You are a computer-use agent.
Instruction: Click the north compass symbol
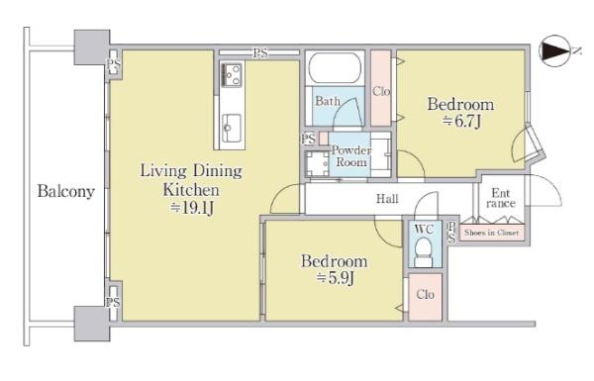coord(555,50)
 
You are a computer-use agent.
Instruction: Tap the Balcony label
coord(66,191)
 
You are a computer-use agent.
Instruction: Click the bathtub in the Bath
coord(335,68)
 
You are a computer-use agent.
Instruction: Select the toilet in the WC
coord(425,251)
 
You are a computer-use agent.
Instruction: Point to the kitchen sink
coord(231,128)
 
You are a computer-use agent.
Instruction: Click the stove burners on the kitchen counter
coord(232,74)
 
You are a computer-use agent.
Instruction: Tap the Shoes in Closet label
coord(491,233)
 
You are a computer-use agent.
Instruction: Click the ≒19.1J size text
coord(192,208)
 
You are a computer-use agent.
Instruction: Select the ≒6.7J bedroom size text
coord(461,121)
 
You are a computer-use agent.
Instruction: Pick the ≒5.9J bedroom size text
coord(336,278)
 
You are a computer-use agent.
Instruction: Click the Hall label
coord(387,199)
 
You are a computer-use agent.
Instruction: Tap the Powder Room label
coord(351,156)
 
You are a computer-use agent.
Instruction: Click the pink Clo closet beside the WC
coord(425,297)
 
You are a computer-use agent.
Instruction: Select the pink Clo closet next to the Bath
coord(381,88)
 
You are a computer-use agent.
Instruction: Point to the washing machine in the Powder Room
coord(318,163)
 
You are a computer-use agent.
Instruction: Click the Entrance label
coord(500,198)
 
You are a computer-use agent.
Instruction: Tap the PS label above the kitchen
coord(260,53)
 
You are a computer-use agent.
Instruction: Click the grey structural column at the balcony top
coord(92,48)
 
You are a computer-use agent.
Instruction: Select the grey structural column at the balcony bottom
coord(92,323)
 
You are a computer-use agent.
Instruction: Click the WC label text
coord(424,229)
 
